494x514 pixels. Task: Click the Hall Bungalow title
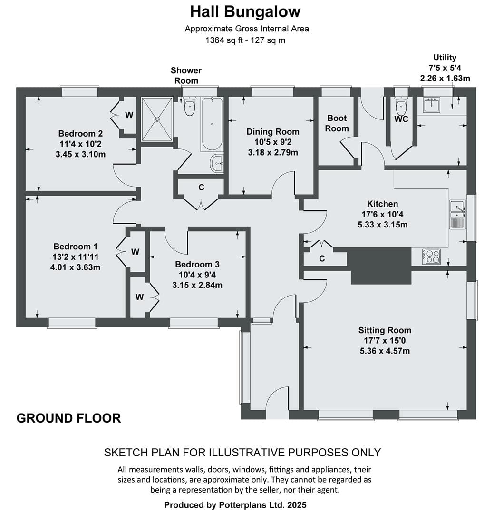pos(245,12)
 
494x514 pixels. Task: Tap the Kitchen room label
pos(382,204)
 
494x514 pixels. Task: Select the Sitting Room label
pos(385,330)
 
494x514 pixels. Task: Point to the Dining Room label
pos(273,132)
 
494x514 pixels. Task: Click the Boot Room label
pos(337,123)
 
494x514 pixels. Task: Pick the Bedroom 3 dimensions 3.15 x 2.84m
pos(197,285)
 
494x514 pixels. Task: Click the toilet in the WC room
pos(401,104)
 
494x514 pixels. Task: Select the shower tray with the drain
pos(157,119)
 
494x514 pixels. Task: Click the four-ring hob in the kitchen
pos(431,257)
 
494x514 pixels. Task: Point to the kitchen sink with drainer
pos(458,214)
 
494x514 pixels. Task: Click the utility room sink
pos(432,105)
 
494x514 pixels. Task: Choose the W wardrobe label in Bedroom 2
pos(129,115)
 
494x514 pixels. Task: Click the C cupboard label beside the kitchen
pos(322,258)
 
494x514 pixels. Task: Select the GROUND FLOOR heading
pos(69,418)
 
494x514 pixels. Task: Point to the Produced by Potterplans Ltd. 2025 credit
pos(235,505)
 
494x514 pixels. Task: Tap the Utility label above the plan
pos(445,58)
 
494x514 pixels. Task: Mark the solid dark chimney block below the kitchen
pos(379,266)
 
